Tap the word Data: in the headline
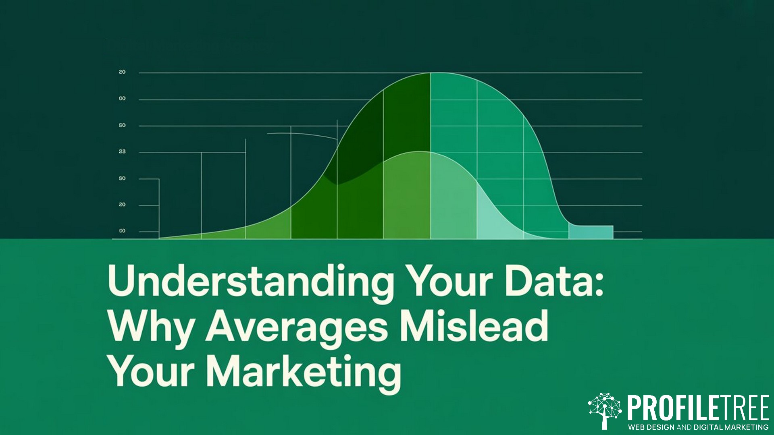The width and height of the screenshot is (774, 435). [x=554, y=280]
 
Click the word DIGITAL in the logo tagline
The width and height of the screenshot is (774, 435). [x=708, y=427]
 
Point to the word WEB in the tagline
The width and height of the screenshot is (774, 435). [x=637, y=427]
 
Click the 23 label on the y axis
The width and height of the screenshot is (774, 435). [x=122, y=151]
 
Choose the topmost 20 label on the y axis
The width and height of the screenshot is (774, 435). [x=122, y=72]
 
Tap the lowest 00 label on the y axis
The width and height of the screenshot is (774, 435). [x=122, y=231]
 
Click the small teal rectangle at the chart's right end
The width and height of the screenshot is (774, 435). [x=591, y=232]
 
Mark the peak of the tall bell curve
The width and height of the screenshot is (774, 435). [x=430, y=73]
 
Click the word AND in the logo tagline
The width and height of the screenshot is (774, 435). [x=685, y=427]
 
